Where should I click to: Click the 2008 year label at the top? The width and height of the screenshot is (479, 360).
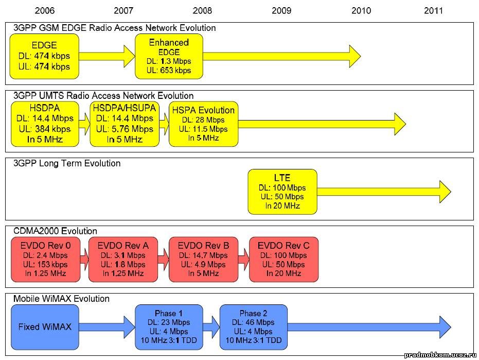[x=202, y=11]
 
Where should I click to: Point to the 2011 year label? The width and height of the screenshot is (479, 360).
[x=433, y=11]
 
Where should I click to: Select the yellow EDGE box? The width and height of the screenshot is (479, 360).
[x=44, y=56]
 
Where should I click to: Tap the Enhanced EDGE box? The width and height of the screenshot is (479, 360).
[x=169, y=56]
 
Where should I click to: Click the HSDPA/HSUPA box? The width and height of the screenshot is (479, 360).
[x=125, y=124]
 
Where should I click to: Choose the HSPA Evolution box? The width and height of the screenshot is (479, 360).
[x=203, y=124]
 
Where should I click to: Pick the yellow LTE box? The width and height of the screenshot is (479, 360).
[x=282, y=192]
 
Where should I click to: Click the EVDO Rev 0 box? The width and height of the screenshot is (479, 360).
[x=45, y=260]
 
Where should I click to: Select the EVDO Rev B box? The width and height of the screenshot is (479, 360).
[x=203, y=260]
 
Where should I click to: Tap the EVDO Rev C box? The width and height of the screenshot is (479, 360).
[x=284, y=260]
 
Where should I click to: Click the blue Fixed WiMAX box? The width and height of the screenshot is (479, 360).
[x=45, y=327]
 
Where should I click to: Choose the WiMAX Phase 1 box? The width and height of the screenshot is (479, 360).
[x=169, y=327]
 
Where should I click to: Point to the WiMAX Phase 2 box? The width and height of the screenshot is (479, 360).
[x=254, y=327]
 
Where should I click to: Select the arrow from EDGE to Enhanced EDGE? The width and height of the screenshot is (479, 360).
[x=107, y=56]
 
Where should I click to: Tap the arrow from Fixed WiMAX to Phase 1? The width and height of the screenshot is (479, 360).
[x=107, y=327]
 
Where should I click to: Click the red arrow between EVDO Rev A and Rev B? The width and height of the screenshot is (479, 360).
[x=163, y=260]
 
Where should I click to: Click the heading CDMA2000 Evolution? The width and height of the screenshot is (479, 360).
[x=55, y=231]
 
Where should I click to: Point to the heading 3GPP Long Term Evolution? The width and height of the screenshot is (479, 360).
[x=67, y=163]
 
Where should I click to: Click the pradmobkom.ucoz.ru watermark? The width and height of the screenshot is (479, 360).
[x=440, y=355]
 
